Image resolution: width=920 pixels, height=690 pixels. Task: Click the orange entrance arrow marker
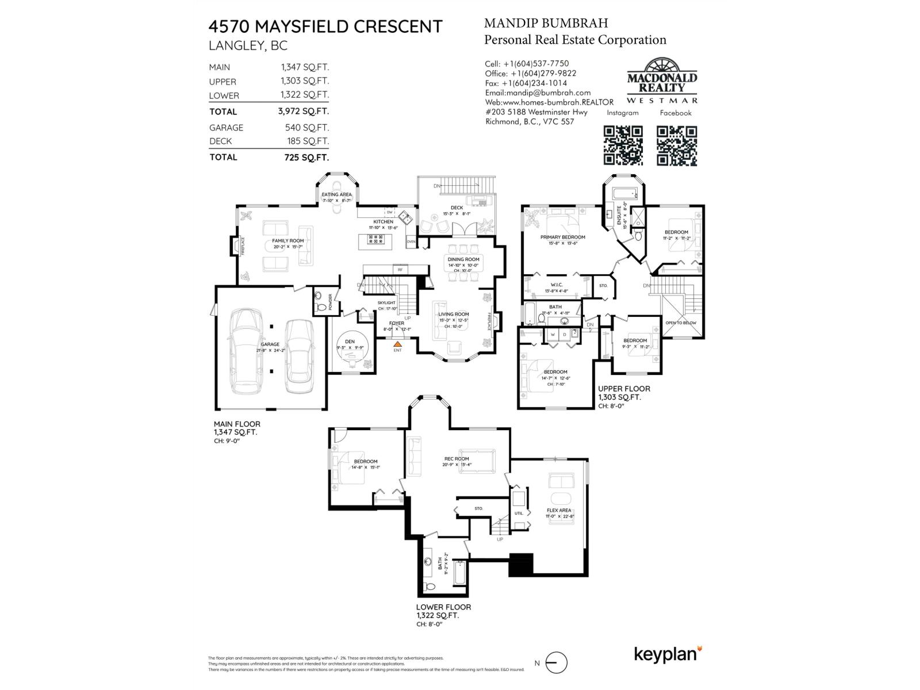(x=397, y=343)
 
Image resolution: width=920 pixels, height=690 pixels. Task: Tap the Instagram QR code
(x=623, y=146)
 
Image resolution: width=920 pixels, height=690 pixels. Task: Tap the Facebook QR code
(x=677, y=146)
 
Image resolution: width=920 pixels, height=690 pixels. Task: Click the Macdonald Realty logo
(x=662, y=80)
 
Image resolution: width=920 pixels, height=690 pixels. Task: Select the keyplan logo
(x=668, y=654)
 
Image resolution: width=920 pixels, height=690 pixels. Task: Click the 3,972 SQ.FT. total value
(x=303, y=111)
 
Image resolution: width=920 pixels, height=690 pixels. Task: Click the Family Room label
(x=288, y=241)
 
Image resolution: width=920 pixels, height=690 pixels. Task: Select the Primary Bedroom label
(x=562, y=237)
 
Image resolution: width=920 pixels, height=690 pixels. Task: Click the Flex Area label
(x=559, y=511)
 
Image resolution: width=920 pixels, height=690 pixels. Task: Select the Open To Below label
(x=681, y=323)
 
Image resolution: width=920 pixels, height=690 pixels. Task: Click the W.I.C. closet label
(x=557, y=285)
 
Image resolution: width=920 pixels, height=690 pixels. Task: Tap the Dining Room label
(x=463, y=259)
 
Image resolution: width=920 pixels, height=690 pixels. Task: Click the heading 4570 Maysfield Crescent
(x=325, y=26)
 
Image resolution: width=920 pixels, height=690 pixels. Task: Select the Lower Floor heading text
(x=443, y=607)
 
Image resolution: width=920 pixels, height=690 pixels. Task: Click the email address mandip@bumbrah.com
(x=538, y=93)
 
